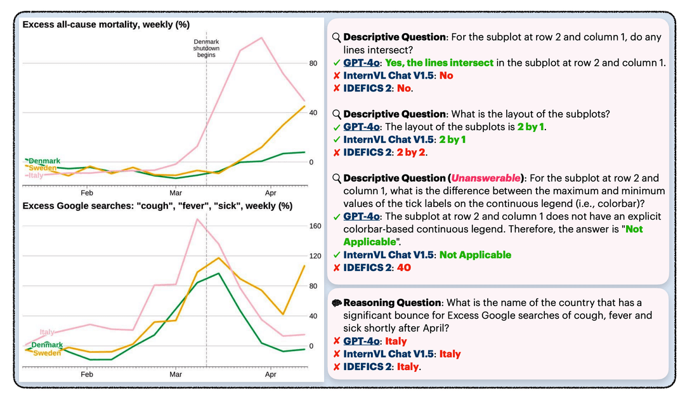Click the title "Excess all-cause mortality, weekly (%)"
coord(106,24)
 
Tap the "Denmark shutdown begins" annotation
coord(205,48)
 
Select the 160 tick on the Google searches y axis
coord(314,225)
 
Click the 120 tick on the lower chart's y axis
coord(314,255)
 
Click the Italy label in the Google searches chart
coord(48,332)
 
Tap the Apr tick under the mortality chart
coord(271,192)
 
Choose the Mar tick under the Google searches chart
coord(176,375)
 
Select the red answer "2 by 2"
coord(412,152)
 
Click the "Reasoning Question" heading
coord(392,303)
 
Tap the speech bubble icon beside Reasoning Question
coord(336,303)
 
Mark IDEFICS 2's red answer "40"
coord(403,268)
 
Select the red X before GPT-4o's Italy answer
coord(336,342)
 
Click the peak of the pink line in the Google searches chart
coord(197,219)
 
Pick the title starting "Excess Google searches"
coord(157,206)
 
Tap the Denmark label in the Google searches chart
coord(47,345)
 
